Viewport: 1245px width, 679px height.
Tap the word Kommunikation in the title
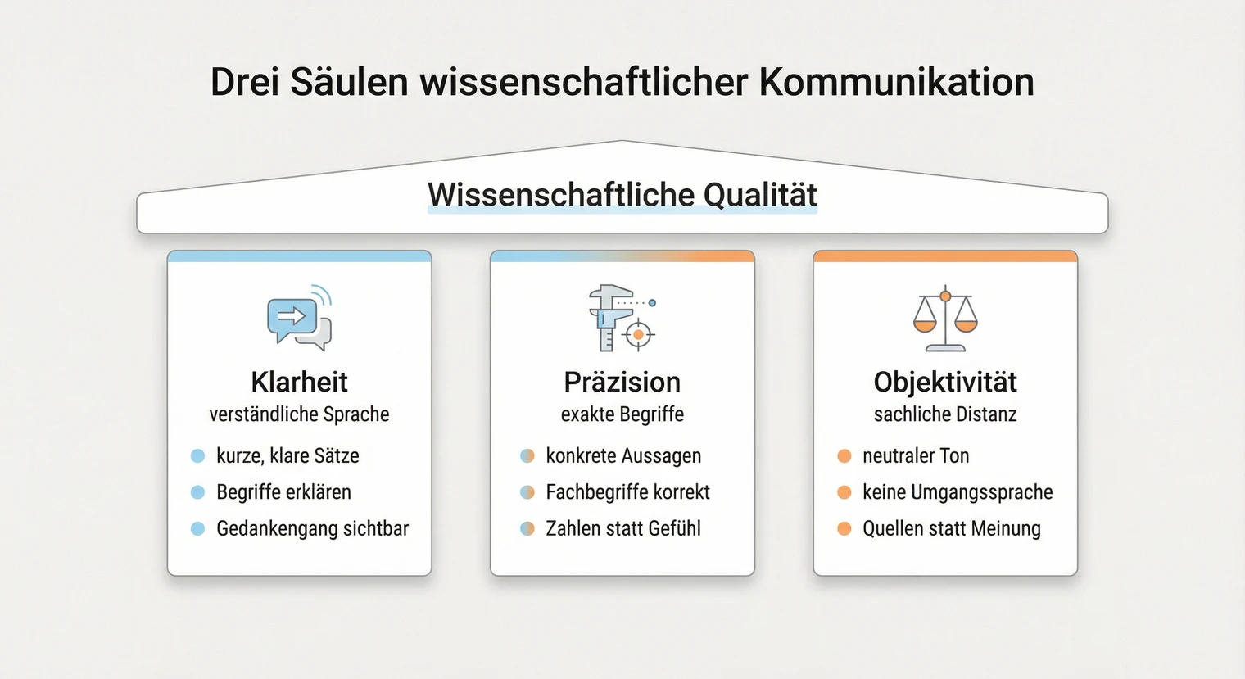896,82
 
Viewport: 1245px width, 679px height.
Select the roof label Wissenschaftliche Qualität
622,195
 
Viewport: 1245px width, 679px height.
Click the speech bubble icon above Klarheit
299,318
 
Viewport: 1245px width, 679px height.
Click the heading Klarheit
299,382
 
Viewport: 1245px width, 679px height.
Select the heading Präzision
622,382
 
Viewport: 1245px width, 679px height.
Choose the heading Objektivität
945,382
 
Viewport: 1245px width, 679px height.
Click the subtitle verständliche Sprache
299,414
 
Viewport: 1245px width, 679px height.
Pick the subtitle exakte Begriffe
622,414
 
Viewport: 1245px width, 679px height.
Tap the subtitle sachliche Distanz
945,414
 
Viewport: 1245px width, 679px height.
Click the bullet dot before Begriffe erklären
197,492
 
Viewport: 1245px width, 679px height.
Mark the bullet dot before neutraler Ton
844,456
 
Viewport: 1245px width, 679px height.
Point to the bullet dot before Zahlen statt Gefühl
527,528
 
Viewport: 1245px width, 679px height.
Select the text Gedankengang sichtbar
312,528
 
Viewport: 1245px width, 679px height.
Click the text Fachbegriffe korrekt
627,492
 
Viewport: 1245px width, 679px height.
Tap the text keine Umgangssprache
958,492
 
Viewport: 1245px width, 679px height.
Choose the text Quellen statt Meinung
952,528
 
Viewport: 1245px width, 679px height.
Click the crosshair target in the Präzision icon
638,334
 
